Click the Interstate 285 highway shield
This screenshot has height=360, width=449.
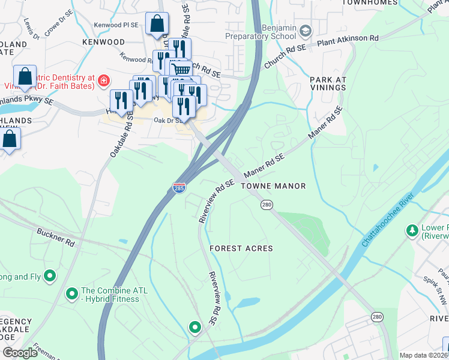[x=178, y=187]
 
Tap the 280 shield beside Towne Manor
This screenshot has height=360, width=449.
[x=266, y=205]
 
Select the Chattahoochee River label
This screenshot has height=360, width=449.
[x=388, y=220]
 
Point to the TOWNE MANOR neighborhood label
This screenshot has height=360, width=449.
[x=273, y=187]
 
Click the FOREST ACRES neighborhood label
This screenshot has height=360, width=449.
[x=241, y=248]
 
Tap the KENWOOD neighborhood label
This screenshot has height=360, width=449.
[x=104, y=43]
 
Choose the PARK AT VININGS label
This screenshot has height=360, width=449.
[x=328, y=83]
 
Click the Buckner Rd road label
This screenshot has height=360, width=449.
[x=55, y=238]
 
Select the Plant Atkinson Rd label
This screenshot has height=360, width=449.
[x=348, y=38]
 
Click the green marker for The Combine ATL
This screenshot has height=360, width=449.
[x=72, y=293]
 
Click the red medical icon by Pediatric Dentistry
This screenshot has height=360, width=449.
[x=104, y=80]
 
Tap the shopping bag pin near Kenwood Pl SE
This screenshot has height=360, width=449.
[x=157, y=25]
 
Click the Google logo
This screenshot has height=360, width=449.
[x=20, y=353]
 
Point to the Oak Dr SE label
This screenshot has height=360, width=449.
[x=167, y=121]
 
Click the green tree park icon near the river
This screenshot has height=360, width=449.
[x=412, y=230]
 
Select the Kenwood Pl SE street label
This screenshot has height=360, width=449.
[x=116, y=25]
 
